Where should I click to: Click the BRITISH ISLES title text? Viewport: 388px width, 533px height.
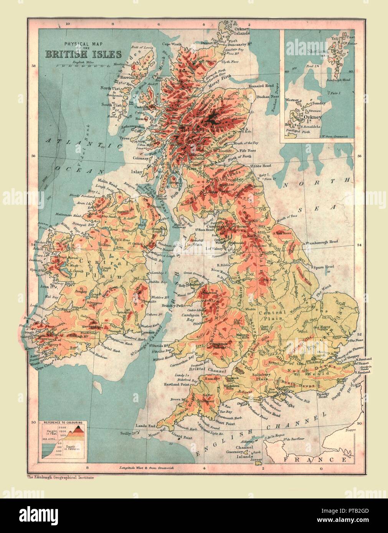pos(83,53)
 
